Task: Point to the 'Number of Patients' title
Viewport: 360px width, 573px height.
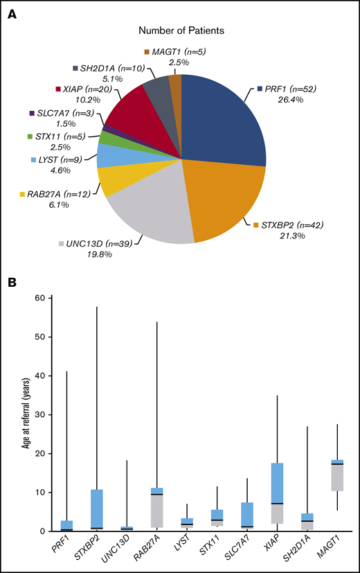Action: click(181, 30)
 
